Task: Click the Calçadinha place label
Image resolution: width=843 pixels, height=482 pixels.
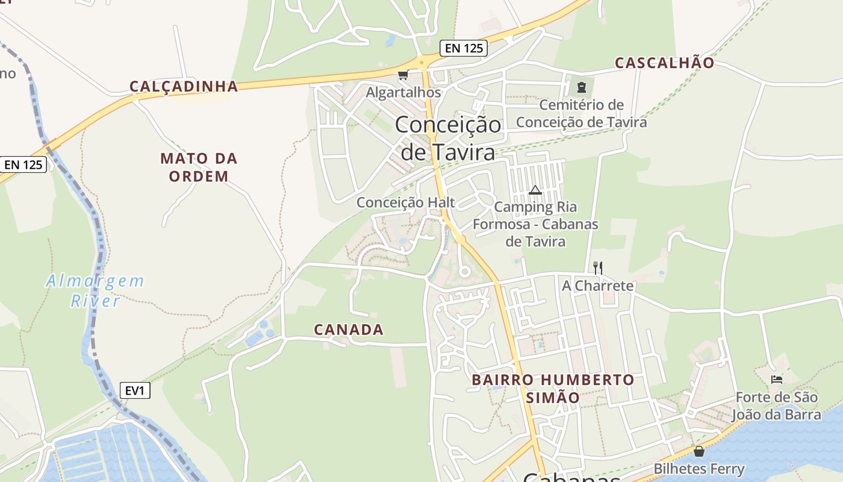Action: pyautogui.click(x=184, y=87)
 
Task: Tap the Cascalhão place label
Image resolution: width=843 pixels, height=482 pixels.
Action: pyautogui.click(x=664, y=63)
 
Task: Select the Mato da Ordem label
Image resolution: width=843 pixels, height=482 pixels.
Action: pyautogui.click(x=199, y=167)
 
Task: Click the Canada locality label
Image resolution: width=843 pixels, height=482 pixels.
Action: pyautogui.click(x=349, y=330)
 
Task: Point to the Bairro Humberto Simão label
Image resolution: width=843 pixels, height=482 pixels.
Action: pyautogui.click(x=553, y=389)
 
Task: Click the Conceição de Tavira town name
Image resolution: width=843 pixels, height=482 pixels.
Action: pyautogui.click(x=448, y=138)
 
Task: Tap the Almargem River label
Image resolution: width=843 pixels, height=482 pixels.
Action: pyautogui.click(x=95, y=290)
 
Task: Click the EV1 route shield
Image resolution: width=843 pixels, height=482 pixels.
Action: pyautogui.click(x=134, y=390)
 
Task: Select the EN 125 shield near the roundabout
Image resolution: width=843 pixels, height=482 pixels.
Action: pyautogui.click(x=463, y=48)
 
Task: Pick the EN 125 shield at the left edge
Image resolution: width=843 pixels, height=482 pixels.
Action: pyautogui.click(x=23, y=164)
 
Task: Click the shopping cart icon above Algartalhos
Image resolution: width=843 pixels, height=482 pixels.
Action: pyautogui.click(x=403, y=75)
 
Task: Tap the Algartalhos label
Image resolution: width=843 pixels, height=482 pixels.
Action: pyautogui.click(x=403, y=93)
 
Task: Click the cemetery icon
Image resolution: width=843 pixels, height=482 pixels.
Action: pyautogui.click(x=581, y=87)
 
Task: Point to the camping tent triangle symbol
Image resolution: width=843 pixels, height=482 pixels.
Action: pyautogui.click(x=535, y=190)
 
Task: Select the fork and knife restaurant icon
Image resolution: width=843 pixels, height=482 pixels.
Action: pyautogui.click(x=597, y=268)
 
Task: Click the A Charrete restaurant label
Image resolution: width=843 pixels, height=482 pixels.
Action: pyautogui.click(x=597, y=286)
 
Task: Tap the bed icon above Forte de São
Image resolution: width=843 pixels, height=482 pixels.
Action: pyautogui.click(x=777, y=379)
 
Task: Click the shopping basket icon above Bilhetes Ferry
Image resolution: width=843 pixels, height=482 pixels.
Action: pyautogui.click(x=699, y=451)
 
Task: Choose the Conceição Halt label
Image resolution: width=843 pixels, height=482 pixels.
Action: pyautogui.click(x=405, y=202)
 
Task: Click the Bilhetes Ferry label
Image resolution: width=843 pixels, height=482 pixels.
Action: pyautogui.click(x=699, y=469)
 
